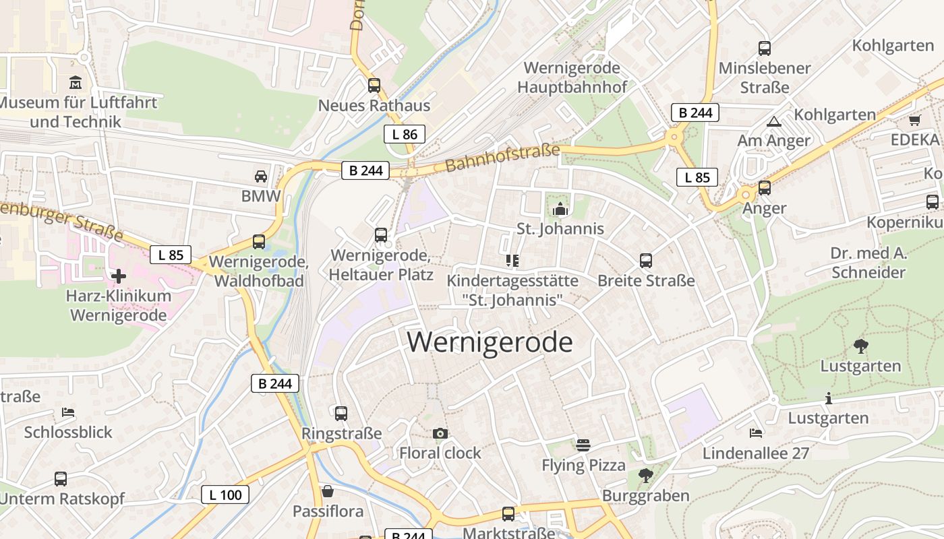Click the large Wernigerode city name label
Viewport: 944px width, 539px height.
click(x=490, y=342)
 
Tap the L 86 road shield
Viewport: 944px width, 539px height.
click(x=405, y=134)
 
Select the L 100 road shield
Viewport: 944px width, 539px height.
click(x=225, y=495)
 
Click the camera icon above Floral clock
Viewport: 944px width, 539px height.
click(x=440, y=433)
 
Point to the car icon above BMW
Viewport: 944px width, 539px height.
click(x=261, y=177)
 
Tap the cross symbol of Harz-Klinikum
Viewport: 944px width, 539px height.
click(x=118, y=276)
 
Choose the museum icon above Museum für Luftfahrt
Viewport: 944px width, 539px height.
click(x=75, y=83)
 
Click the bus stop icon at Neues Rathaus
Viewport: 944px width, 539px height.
click(x=374, y=86)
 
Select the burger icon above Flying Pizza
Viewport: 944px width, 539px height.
click(x=583, y=445)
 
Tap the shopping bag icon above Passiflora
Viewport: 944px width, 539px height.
click(x=328, y=491)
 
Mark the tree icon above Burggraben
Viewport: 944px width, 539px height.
click(x=645, y=476)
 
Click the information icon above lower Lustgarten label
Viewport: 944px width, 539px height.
click(x=829, y=398)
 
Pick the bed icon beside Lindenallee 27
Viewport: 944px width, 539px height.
click(x=756, y=433)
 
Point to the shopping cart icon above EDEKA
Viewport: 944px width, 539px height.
click(x=914, y=121)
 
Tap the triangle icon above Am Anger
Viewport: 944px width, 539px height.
click(x=773, y=121)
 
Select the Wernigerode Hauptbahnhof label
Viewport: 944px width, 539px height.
click(x=572, y=77)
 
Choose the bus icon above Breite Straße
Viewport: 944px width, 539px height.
click(x=646, y=260)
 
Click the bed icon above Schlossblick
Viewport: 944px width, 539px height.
click(x=67, y=412)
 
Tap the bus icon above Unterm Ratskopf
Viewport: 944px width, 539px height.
click(x=61, y=479)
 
